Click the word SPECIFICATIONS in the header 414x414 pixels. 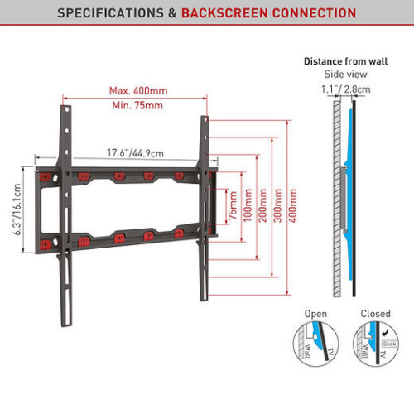click(110, 13)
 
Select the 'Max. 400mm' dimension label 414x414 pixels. click(138, 90)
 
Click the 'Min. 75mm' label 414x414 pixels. click(137, 105)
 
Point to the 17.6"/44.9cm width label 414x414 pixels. click(135, 153)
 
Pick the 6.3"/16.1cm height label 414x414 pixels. click(17, 209)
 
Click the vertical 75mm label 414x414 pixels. click(233, 205)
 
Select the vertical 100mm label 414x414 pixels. click(248, 205)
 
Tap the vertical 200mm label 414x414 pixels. click(262, 205)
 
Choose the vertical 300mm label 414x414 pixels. click(277, 205)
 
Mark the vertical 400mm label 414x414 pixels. click(292, 205)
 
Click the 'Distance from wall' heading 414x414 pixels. click(345, 61)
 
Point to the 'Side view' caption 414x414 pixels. click(345, 74)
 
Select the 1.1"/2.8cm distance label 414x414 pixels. click(346, 89)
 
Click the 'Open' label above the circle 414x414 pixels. click(315, 314)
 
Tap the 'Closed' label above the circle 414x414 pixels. click(376, 314)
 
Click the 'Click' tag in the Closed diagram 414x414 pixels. click(389, 344)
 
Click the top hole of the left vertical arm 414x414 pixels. click(66, 109)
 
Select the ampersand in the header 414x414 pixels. click(172, 13)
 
